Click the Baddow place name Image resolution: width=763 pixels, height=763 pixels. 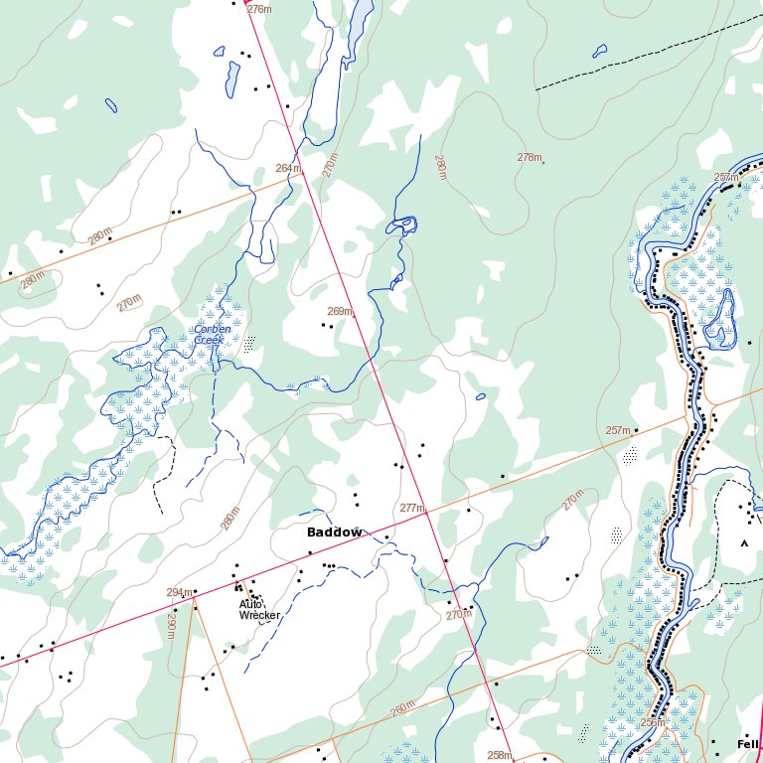click(x=334, y=533)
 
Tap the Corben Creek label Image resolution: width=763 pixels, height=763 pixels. click(x=213, y=335)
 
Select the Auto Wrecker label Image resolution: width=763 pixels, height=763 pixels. click(x=259, y=609)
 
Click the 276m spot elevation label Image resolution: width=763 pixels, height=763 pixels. click(x=259, y=9)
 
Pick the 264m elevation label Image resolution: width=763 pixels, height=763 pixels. click(x=287, y=168)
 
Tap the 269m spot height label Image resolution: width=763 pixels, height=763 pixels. click(x=340, y=311)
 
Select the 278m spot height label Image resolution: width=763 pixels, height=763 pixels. click(x=530, y=157)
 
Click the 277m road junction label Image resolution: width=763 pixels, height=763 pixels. click(x=411, y=508)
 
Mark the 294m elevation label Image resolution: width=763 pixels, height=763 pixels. click(x=179, y=592)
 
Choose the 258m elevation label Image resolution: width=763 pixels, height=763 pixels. click(x=499, y=755)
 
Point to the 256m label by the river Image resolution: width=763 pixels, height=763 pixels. click(x=653, y=722)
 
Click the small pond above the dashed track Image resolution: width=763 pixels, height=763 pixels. click(x=599, y=50)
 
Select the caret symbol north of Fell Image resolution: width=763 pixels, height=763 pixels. click(x=743, y=543)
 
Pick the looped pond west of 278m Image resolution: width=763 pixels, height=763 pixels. click(x=403, y=225)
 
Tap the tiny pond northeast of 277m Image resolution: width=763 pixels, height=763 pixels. click(x=481, y=397)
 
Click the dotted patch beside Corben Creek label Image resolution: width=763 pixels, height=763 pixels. click(x=248, y=344)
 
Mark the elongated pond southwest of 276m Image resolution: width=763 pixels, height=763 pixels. click(x=232, y=78)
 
